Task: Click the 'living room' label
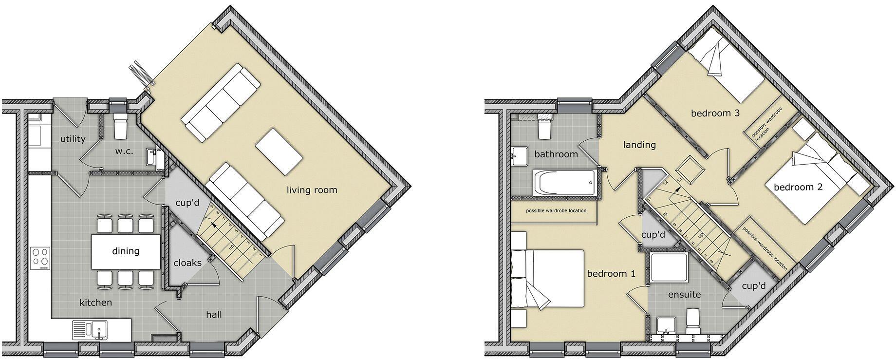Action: click(312, 190)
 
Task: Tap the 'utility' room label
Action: click(73, 139)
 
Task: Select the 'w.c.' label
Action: click(124, 152)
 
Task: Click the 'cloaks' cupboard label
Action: click(187, 263)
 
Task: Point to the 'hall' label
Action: click(214, 315)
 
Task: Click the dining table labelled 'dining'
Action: click(126, 251)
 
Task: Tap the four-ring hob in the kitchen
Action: click(40, 258)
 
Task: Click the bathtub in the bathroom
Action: click(565, 183)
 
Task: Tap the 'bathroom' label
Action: click(556, 154)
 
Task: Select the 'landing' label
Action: click(639, 145)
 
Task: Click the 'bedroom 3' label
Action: click(715, 114)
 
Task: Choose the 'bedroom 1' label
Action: click(611, 274)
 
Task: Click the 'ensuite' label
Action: click(684, 295)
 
